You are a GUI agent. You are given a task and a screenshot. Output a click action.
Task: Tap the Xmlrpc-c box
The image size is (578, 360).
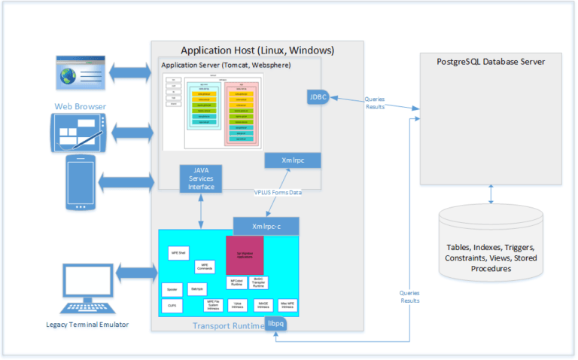click(x=266, y=225)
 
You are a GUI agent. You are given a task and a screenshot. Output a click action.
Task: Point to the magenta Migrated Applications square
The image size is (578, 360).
click(x=245, y=256)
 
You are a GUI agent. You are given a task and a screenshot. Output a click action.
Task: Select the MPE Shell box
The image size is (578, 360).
click(x=178, y=253)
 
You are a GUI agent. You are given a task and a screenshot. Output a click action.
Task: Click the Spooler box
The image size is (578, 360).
click(x=172, y=288)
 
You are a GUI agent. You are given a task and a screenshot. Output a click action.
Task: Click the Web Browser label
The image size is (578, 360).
click(x=80, y=106)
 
